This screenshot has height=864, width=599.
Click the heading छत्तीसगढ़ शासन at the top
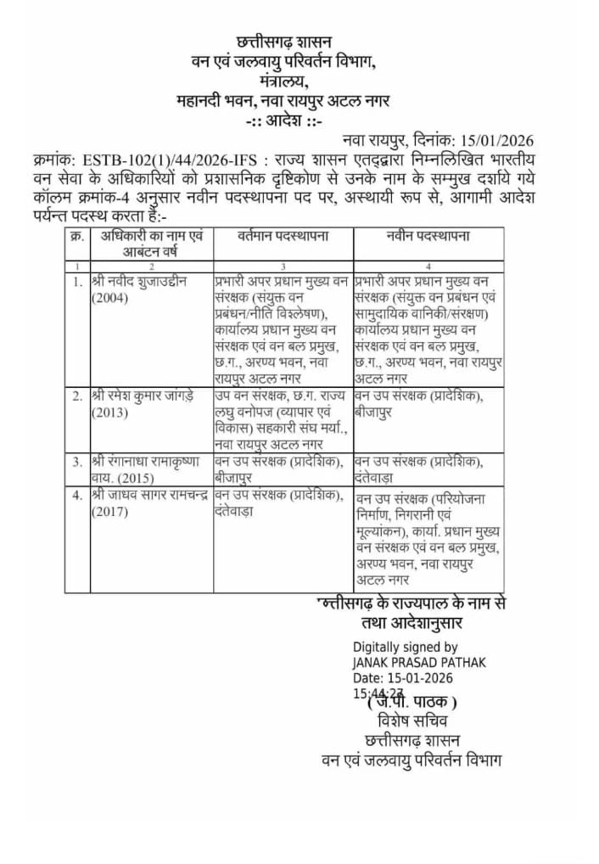click(x=284, y=42)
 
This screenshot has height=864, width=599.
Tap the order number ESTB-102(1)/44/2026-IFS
click(x=170, y=160)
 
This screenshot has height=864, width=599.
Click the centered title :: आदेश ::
click(x=284, y=121)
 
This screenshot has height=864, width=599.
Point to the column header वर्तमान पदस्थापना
click(x=283, y=235)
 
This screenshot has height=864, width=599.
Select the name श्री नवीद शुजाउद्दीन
click(x=139, y=281)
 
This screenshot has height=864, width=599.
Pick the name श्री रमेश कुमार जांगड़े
click(x=144, y=396)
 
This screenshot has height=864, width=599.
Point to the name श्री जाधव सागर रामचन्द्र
click(x=149, y=496)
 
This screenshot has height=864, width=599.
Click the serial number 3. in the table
click(x=77, y=461)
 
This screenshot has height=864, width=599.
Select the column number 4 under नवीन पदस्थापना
click(x=428, y=266)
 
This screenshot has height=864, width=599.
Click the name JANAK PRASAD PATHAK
click(x=419, y=662)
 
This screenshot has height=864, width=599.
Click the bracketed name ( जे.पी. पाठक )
click(x=412, y=702)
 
